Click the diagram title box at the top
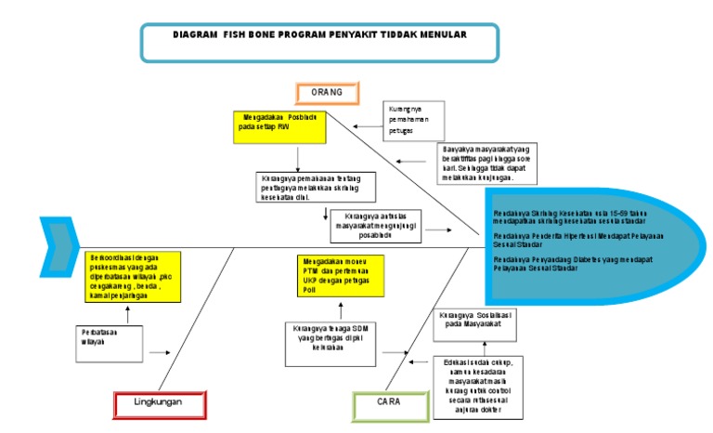coord(319,41)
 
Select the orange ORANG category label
coord(326,93)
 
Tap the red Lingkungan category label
coord(159,403)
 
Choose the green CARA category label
coord(387,403)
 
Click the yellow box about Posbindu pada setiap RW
coord(279,126)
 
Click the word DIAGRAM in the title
coord(194,34)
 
